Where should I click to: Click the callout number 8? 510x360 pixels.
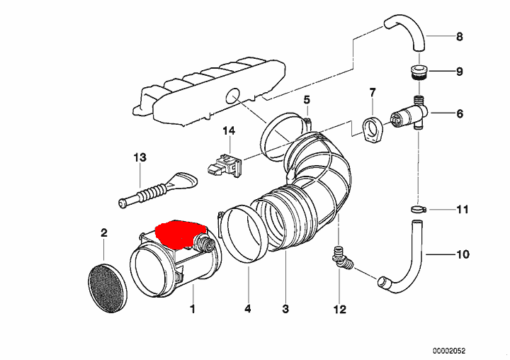coord(459,36)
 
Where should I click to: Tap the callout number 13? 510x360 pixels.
coord(140,158)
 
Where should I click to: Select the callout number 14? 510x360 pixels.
coord(229,131)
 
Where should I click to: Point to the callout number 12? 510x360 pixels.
coord(339,309)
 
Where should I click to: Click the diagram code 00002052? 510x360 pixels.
coord(449,351)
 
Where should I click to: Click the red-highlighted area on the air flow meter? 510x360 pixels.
coord(180,233)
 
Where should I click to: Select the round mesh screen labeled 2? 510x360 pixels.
coord(108,288)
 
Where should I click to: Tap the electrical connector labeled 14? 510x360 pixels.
coord(224,166)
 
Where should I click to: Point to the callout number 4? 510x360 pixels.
coord(248,308)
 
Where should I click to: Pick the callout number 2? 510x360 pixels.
coord(103,233)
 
